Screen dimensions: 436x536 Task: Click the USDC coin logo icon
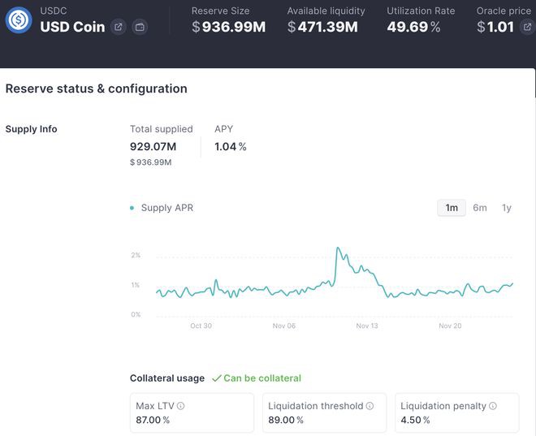18,20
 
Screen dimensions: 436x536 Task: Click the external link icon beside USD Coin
119,27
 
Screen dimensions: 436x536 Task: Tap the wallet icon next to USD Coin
140,27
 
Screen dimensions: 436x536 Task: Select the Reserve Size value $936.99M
229,27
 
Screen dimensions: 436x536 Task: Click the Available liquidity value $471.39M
322,27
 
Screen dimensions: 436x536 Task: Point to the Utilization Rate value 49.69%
414,27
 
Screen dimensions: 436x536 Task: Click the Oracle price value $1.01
495,27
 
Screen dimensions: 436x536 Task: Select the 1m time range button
452,208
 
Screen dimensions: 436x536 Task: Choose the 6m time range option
480,208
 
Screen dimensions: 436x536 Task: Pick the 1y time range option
507,208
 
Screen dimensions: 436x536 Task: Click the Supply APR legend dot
132,208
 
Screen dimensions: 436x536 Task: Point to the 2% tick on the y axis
136,256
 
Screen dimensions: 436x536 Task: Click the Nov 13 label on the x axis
367,326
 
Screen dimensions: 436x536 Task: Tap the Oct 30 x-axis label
201,326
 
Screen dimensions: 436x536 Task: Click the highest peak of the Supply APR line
338,248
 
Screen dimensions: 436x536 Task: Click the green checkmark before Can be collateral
216,378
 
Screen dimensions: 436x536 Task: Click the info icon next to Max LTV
181,406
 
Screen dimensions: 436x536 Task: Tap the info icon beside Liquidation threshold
370,406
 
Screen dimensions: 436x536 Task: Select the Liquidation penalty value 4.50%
415,421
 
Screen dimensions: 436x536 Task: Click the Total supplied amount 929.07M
153,147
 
